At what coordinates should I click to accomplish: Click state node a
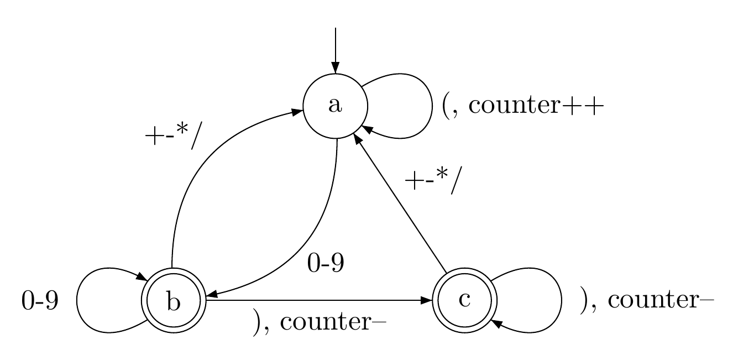335,106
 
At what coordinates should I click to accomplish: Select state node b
174,301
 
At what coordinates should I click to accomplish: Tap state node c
464,300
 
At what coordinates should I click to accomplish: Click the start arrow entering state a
335,50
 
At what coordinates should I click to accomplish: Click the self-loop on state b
78,301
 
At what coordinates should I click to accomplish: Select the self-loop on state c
561,300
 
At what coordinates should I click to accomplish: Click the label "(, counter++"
520,106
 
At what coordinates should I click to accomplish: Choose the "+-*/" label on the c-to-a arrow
431,181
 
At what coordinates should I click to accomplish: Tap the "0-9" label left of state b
40,302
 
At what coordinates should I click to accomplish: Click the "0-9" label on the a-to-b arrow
326,264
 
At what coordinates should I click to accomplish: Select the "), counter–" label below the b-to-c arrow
318,322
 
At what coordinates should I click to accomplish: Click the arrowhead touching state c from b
426,300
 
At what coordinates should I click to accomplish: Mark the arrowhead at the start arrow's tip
335,69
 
